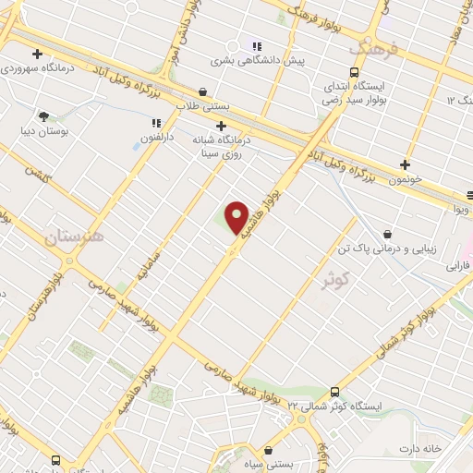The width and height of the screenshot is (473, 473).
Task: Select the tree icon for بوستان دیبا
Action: [x=43, y=116]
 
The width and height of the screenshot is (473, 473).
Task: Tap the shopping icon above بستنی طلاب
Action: [x=203, y=91]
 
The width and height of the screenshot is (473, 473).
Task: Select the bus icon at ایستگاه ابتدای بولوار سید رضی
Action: [x=355, y=72]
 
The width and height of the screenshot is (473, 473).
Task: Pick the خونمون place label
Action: [x=406, y=178]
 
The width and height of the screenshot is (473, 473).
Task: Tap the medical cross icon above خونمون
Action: [x=405, y=164]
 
